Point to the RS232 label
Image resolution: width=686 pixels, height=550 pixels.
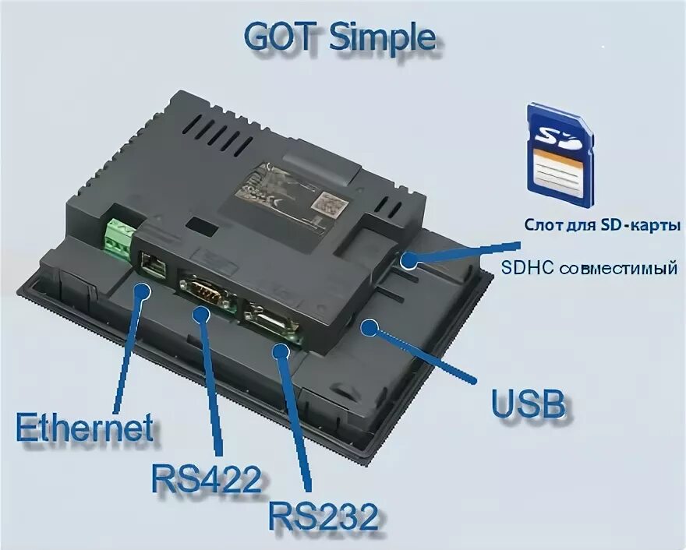[324, 515]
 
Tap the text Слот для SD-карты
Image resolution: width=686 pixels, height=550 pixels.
[602, 225]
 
